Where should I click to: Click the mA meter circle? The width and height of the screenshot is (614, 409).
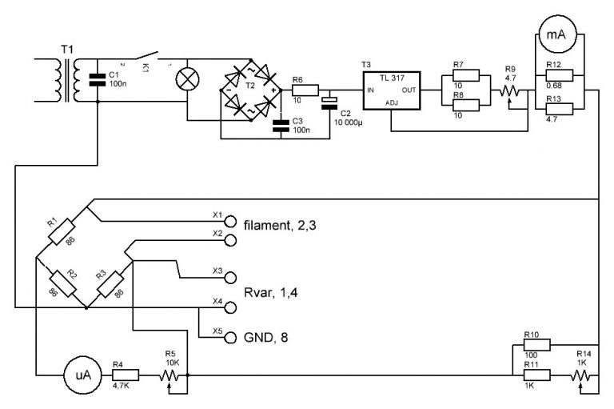pos(556,34)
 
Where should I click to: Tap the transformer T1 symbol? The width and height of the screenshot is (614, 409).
pos(67,77)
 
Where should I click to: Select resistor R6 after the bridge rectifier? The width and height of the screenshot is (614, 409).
pos(306,90)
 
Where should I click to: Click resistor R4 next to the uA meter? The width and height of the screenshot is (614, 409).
pos(126,375)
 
